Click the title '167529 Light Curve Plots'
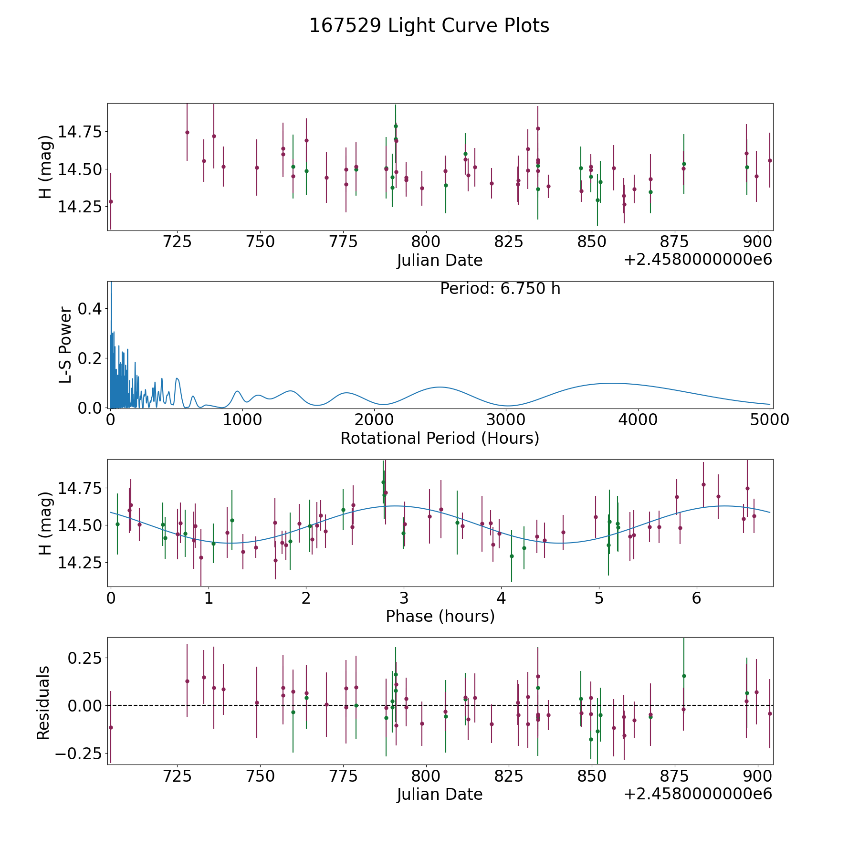(429, 26)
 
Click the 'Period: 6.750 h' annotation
(500, 289)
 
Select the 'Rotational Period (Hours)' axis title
(440, 438)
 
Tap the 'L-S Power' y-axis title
(65, 345)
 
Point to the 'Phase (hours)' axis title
(440, 616)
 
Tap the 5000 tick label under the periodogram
(769, 420)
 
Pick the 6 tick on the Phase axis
(697, 598)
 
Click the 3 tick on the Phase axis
(404, 598)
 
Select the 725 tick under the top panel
(177, 242)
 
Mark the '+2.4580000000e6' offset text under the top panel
(698, 260)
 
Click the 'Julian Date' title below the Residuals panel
(440, 794)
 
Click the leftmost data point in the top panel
(111, 201)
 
